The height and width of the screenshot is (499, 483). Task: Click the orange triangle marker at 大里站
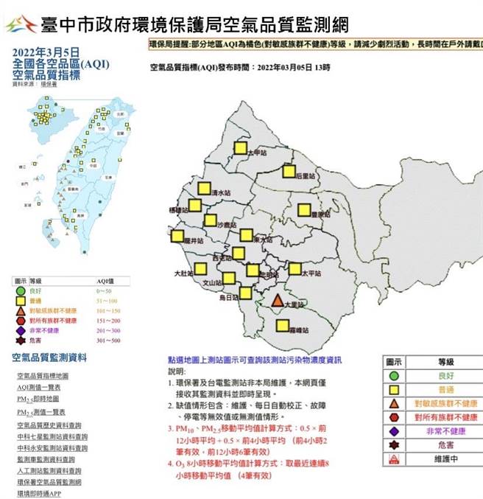[277, 301]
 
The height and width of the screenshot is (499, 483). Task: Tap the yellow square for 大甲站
[240, 147]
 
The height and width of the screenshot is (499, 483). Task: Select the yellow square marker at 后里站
[289, 171]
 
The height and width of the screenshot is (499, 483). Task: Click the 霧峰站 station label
[300, 329]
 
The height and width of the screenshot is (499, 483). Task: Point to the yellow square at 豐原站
[303, 210]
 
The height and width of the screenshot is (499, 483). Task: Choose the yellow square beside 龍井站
[177, 237]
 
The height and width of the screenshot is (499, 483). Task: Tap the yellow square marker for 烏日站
[246, 293]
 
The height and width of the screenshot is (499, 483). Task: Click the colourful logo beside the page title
[21, 24]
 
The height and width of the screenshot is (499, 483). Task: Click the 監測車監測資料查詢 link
[49, 458]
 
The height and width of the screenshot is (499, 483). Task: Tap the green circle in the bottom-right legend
[395, 377]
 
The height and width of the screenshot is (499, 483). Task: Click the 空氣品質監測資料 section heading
[49, 357]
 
